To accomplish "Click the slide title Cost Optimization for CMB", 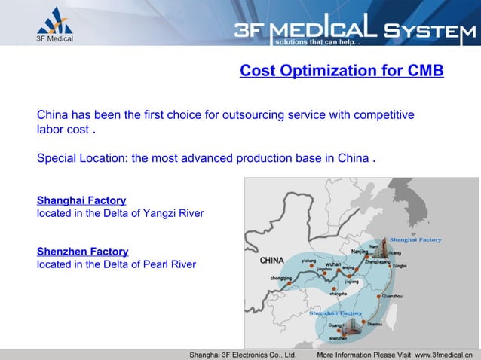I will [x=341, y=72].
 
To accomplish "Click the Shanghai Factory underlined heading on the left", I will [x=81, y=200].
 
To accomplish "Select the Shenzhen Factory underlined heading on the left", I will [x=83, y=251].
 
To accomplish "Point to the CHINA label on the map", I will [x=271, y=261].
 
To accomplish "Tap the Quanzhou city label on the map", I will [x=393, y=297].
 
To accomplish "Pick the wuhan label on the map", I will [x=333, y=264].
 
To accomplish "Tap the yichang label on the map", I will [x=309, y=260].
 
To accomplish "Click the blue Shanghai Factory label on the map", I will [x=415, y=239].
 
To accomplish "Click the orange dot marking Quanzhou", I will [x=381, y=295].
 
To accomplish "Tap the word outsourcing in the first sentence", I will [x=240, y=115].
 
